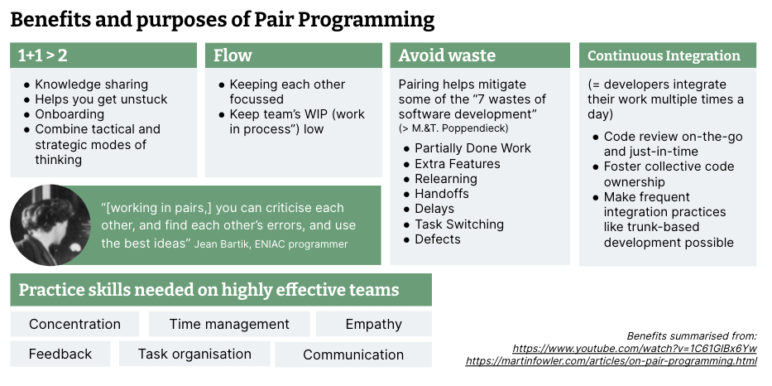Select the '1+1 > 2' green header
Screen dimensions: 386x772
point(103,55)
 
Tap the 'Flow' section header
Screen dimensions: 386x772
point(294,55)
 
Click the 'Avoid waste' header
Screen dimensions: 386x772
point(480,55)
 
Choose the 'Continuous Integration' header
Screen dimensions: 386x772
point(666,55)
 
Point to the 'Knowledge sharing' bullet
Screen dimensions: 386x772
point(91,84)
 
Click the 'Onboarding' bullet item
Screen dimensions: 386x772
point(70,114)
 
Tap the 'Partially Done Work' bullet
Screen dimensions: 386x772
point(472,148)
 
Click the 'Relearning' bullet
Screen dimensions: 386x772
point(445,179)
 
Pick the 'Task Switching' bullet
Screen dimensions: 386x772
point(458,224)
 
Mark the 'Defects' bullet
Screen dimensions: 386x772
point(438,239)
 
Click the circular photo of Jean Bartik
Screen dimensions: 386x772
point(50,224)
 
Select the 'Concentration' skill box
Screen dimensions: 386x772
point(74,324)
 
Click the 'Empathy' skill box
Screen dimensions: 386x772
point(373,324)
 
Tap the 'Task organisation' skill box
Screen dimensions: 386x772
point(194,354)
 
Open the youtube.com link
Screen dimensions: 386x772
point(634,349)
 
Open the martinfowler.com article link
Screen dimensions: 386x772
point(611,361)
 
